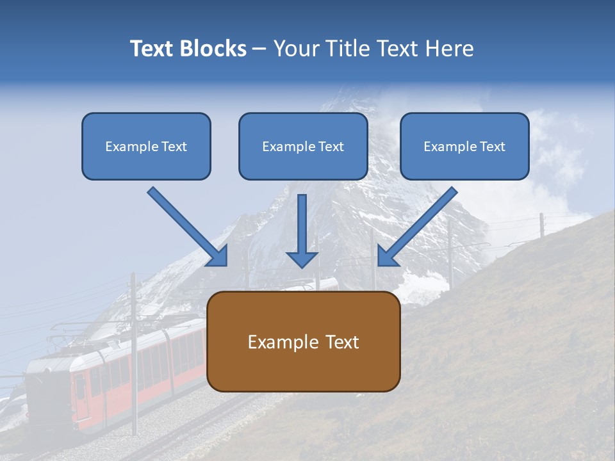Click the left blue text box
tap(146, 146)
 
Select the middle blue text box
tap(303, 146)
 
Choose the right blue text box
tap(464, 146)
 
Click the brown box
tap(303, 341)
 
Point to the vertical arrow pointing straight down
tap(302, 230)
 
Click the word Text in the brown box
tap(343, 342)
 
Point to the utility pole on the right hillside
tap(541, 225)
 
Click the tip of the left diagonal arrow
tap(224, 263)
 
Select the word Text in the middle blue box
tap(331, 147)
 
